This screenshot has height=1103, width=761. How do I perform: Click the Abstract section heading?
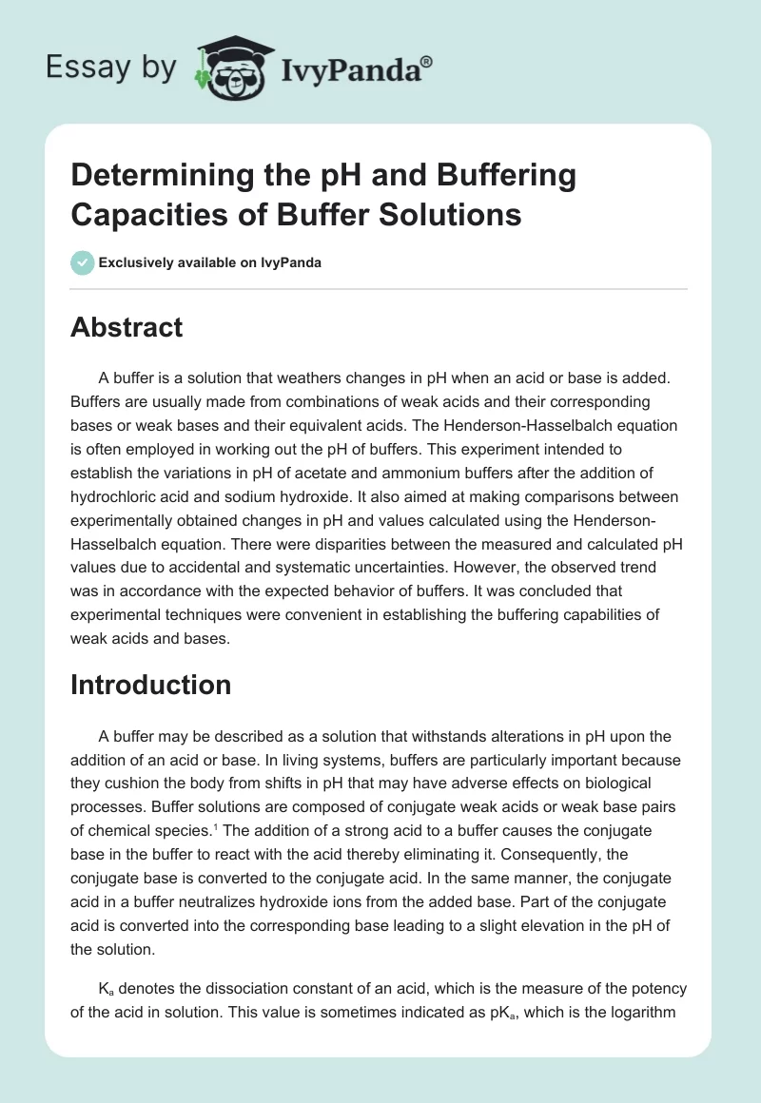pos(127,327)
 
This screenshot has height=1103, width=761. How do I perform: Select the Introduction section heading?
pos(150,685)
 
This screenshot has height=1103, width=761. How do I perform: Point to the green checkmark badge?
pos(82,262)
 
